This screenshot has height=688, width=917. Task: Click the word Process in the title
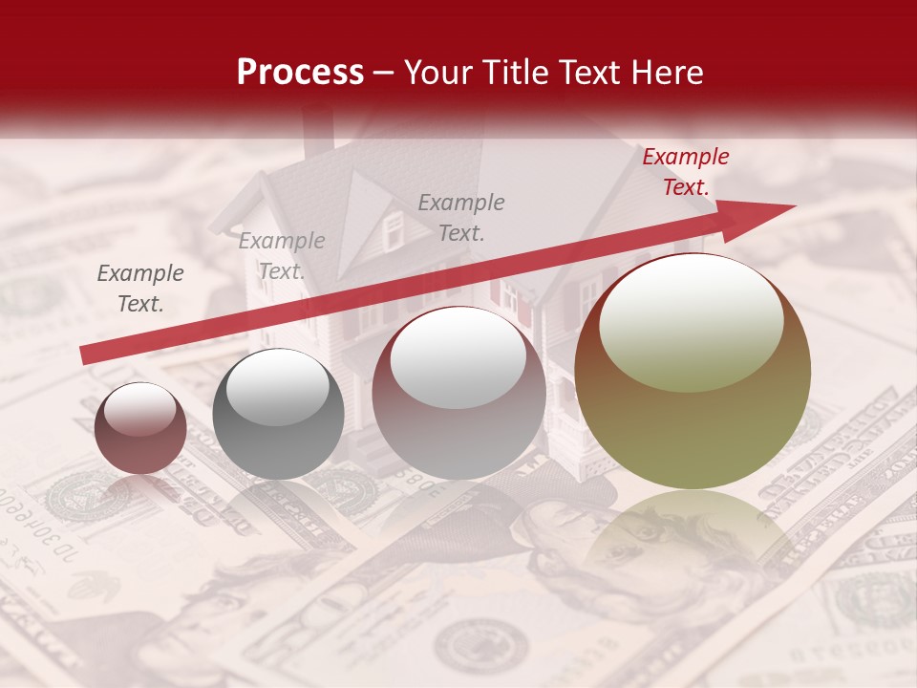[x=300, y=73]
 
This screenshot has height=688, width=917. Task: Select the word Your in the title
[x=440, y=73]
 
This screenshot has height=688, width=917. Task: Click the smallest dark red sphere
[x=140, y=428]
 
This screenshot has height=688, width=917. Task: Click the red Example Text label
[x=685, y=172]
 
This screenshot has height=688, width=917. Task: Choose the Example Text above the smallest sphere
[x=140, y=289]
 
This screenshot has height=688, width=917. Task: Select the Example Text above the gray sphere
[x=282, y=256]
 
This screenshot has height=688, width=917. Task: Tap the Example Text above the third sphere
[x=461, y=217]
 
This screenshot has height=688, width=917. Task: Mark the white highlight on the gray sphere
[x=278, y=387]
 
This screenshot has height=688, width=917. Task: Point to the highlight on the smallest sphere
[x=139, y=409]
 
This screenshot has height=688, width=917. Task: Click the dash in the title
[x=383, y=73]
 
